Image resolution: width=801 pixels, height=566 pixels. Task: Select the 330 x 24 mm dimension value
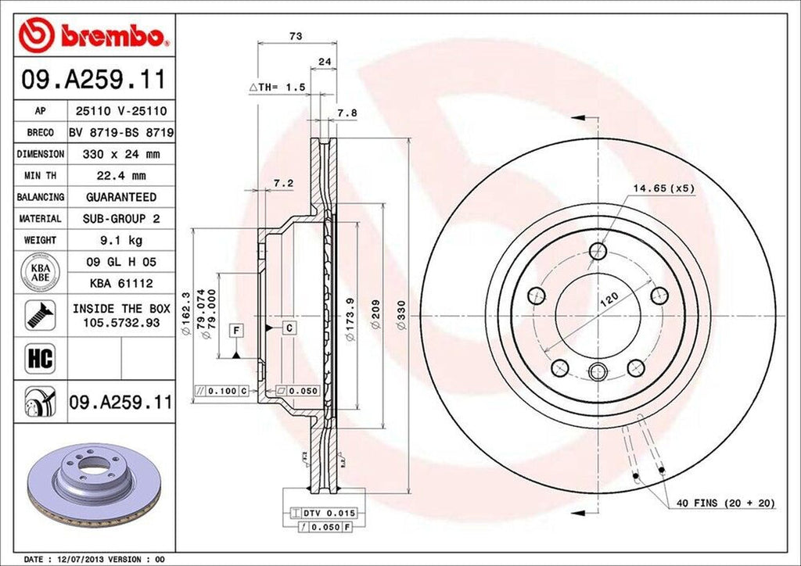(x=120, y=155)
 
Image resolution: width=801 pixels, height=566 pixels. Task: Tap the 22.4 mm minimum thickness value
(x=120, y=176)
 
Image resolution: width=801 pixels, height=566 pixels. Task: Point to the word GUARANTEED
(x=120, y=197)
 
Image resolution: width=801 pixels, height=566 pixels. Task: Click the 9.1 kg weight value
(x=120, y=240)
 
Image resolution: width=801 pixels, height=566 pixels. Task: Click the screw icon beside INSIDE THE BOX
(x=38, y=314)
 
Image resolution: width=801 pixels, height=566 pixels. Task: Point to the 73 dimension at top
(x=295, y=36)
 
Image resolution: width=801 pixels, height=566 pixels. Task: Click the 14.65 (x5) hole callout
(x=663, y=188)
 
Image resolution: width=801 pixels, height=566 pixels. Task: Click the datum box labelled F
(x=235, y=329)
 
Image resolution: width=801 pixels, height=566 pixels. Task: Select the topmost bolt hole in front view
(x=598, y=251)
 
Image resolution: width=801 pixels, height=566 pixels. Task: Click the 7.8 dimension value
(x=347, y=113)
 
